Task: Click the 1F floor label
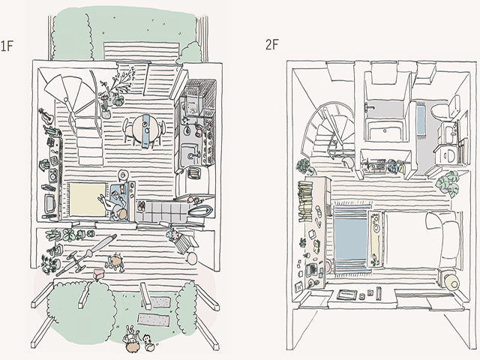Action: coord(7,46)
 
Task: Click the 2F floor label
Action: coord(272,45)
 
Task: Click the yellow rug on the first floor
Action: coord(87,199)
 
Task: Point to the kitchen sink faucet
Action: coord(193,155)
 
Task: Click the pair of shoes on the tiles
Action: coord(141,205)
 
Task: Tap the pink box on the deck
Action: coord(98,273)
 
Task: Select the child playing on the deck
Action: coord(115,262)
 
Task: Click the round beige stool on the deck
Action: coord(193,259)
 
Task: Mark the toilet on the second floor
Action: coord(444,108)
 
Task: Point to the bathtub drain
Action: coord(384,130)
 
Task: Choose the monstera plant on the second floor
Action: coord(448,183)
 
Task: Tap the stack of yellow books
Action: coord(304,200)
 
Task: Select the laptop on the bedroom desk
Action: coord(313,269)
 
